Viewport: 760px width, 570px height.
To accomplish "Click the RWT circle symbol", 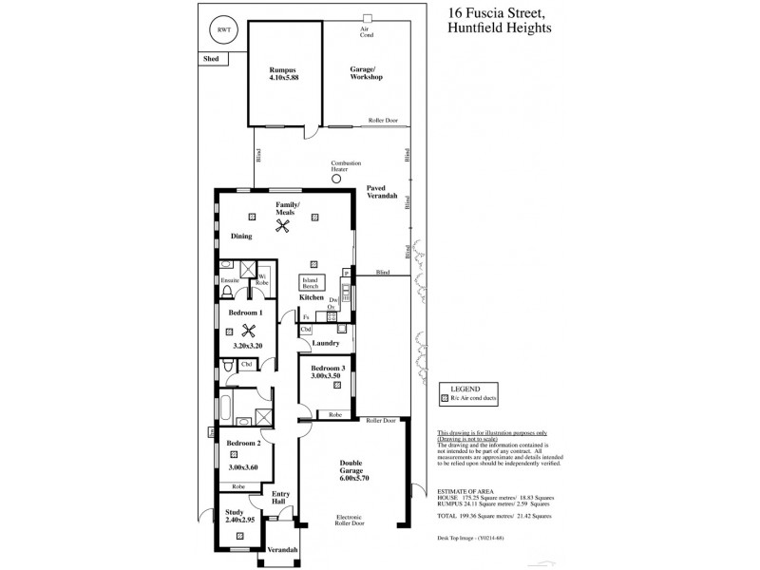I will tap(224, 30).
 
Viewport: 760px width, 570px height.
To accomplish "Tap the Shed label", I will tap(210, 59).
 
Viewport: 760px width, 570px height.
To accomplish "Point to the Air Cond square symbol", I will tap(365, 18).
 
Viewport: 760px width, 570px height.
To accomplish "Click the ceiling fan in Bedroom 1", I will tap(250, 332).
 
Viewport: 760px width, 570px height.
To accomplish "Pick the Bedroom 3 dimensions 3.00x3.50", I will tap(326, 377).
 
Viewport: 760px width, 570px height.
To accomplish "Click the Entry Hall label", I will tap(281, 498).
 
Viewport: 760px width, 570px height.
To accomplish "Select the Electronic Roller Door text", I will tap(352, 524).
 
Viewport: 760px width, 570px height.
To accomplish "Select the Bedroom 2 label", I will tap(243, 443).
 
